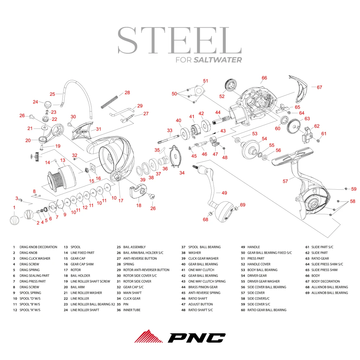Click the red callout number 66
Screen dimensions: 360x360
click(264, 78)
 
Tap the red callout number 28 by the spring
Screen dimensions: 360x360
click(127, 93)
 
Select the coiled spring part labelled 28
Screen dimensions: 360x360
click(109, 101)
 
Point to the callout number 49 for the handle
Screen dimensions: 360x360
click(224, 193)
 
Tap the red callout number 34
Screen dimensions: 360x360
click(182, 173)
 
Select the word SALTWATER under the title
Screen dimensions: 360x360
click(217, 60)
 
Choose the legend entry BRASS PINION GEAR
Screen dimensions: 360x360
click(203, 287)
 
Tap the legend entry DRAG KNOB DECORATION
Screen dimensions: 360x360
click(38, 247)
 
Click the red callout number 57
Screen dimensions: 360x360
click(285, 181)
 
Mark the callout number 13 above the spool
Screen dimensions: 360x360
click(62, 160)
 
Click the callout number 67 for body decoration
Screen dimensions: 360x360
click(319, 87)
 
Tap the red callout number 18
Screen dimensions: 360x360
click(139, 205)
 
